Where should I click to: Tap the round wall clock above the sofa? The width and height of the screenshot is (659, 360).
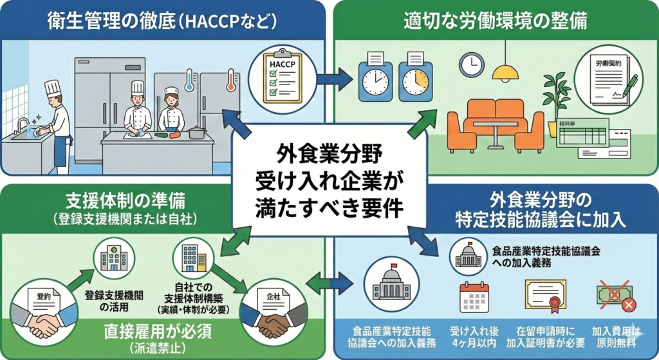pyautogui.click(x=471, y=64)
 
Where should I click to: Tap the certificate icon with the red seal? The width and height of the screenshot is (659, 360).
pyautogui.click(x=545, y=297)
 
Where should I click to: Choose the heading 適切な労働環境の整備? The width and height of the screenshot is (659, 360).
pyautogui.click(x=494, y=21)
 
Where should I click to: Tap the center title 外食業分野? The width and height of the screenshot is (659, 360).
pyautogui.click(x=329, y=155)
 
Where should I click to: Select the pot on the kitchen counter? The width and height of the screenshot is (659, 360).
pyautogui.click(x=197, y=133)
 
